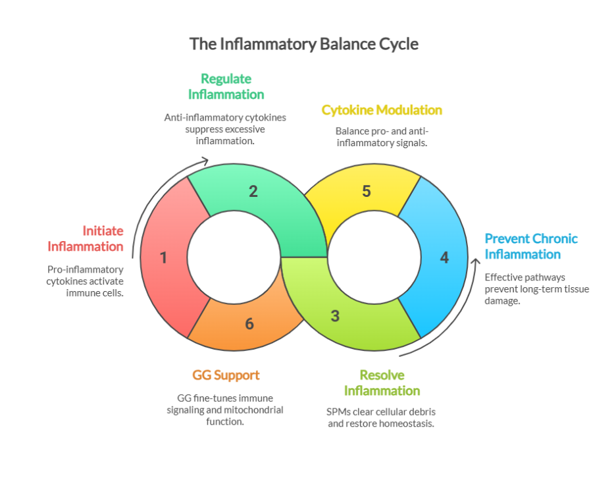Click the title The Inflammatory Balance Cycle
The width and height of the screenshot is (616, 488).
303,44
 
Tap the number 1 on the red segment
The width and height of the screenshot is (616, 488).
163,258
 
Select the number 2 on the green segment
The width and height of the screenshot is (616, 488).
253,192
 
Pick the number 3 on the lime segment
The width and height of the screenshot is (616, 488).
335,315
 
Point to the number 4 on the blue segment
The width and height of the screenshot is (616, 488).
444,258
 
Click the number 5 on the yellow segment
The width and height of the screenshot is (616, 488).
367,192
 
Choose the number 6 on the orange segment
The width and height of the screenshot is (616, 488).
249,323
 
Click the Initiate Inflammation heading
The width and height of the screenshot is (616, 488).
86,238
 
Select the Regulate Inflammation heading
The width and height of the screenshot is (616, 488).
226,86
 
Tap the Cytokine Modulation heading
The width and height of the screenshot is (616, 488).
382,110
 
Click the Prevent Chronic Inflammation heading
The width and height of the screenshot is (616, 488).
531,246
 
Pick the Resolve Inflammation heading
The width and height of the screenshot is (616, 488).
382,383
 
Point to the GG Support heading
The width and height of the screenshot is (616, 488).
226,375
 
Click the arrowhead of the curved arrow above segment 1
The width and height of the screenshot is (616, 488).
205,160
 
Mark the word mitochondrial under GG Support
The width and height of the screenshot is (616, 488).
254,410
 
